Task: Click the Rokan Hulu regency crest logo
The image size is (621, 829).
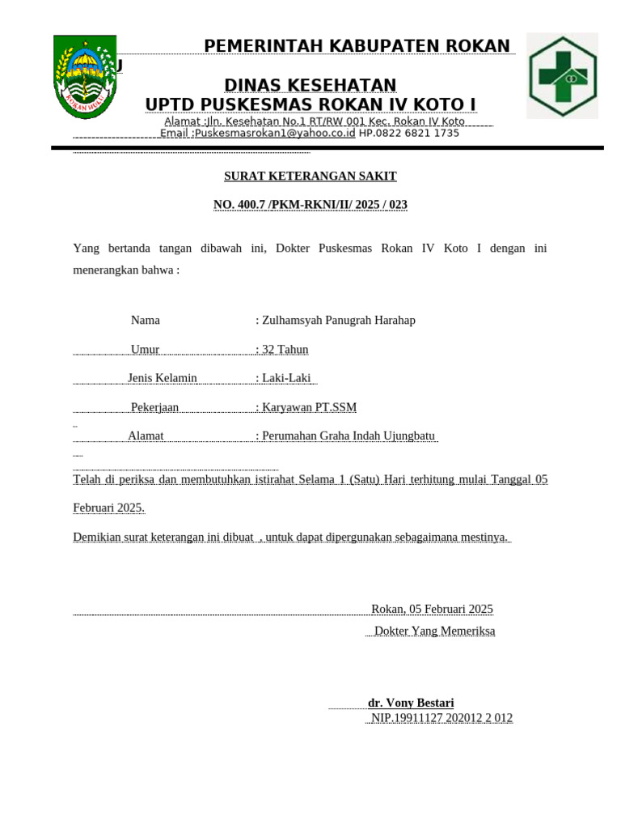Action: click(x=85, y=77)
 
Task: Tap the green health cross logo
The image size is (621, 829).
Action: click(x=562, y=76)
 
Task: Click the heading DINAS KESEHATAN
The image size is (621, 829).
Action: click(x=310, y=86)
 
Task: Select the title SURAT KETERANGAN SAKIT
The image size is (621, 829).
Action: click(x=310, y=176)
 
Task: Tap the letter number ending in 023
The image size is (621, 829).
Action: click(x=310, y=205)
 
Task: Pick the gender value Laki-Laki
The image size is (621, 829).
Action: click(x=286, y=378)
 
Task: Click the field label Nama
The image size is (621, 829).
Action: click(x=146, y=320)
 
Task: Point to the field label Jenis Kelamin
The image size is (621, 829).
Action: click(x=163, y=378)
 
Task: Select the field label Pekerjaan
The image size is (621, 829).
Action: click(x=154, y=407)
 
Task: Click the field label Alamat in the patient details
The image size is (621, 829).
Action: click(x=146, y=436)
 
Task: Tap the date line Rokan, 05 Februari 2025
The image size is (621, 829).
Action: click(x=432, y=609)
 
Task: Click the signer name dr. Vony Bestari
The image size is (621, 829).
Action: click(x=411, y=703)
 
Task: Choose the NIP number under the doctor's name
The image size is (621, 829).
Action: click(x=441, y=717)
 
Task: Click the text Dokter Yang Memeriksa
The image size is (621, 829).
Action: click(x=434, y=631)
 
